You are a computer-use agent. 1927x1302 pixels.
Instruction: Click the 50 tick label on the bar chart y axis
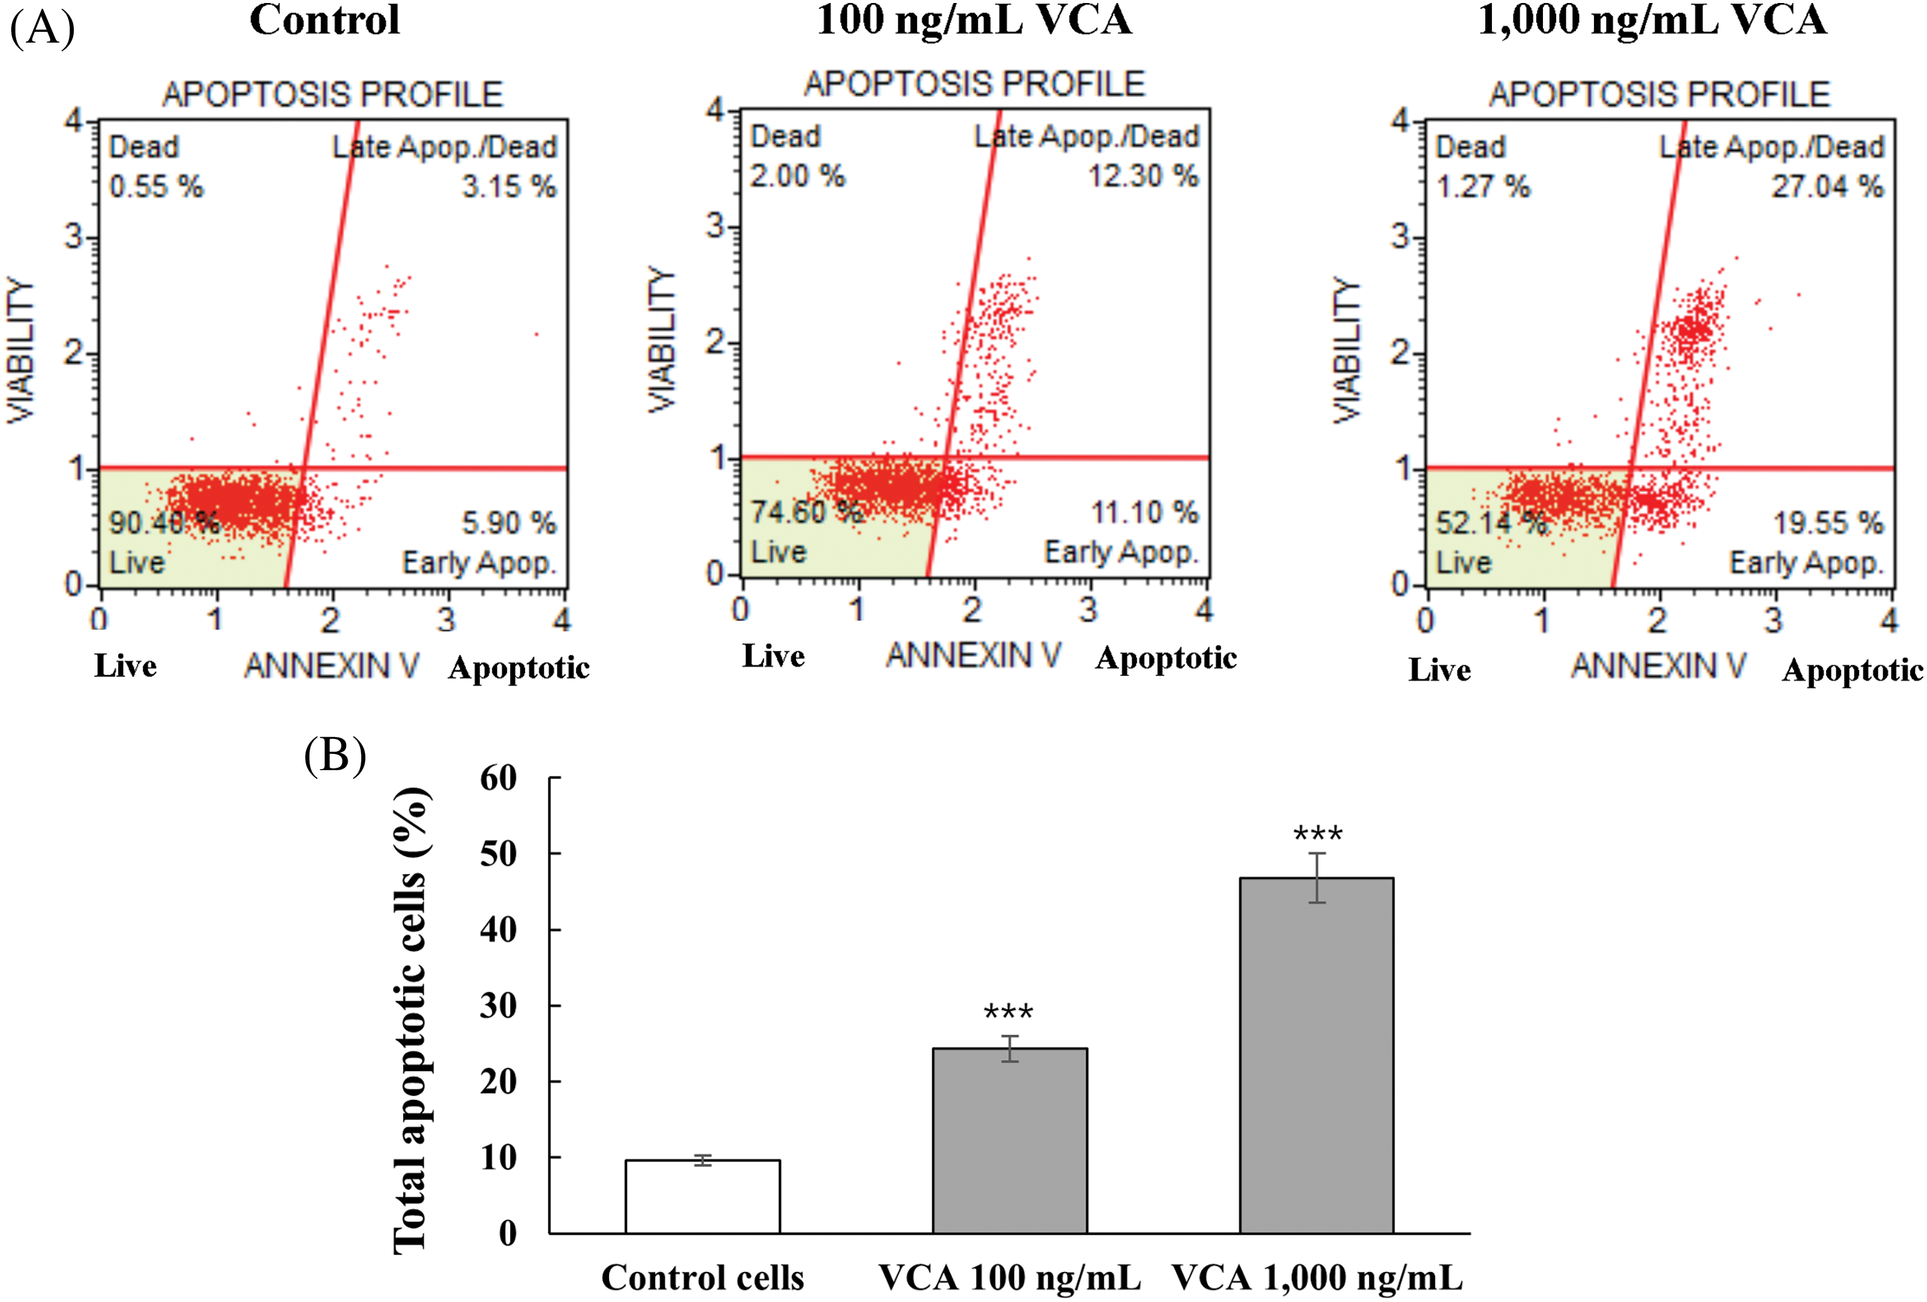[x=498, y=854]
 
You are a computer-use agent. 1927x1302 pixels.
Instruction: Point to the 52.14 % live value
[x=1491, y=522]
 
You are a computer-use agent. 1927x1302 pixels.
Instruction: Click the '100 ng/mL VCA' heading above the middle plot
[x=973, y=20]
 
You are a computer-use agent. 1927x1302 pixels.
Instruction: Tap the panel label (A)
[x=41, y=28]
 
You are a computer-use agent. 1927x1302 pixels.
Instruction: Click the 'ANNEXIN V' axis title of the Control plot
[x=332, y=666]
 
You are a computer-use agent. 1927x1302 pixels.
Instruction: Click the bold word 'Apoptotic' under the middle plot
[x=1166, y=658]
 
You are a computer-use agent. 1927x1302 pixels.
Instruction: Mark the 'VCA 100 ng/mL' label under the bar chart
[x=1009, y=1278]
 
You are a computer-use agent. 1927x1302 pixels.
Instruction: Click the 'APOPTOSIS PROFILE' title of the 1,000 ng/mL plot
[x=1659, y=94]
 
